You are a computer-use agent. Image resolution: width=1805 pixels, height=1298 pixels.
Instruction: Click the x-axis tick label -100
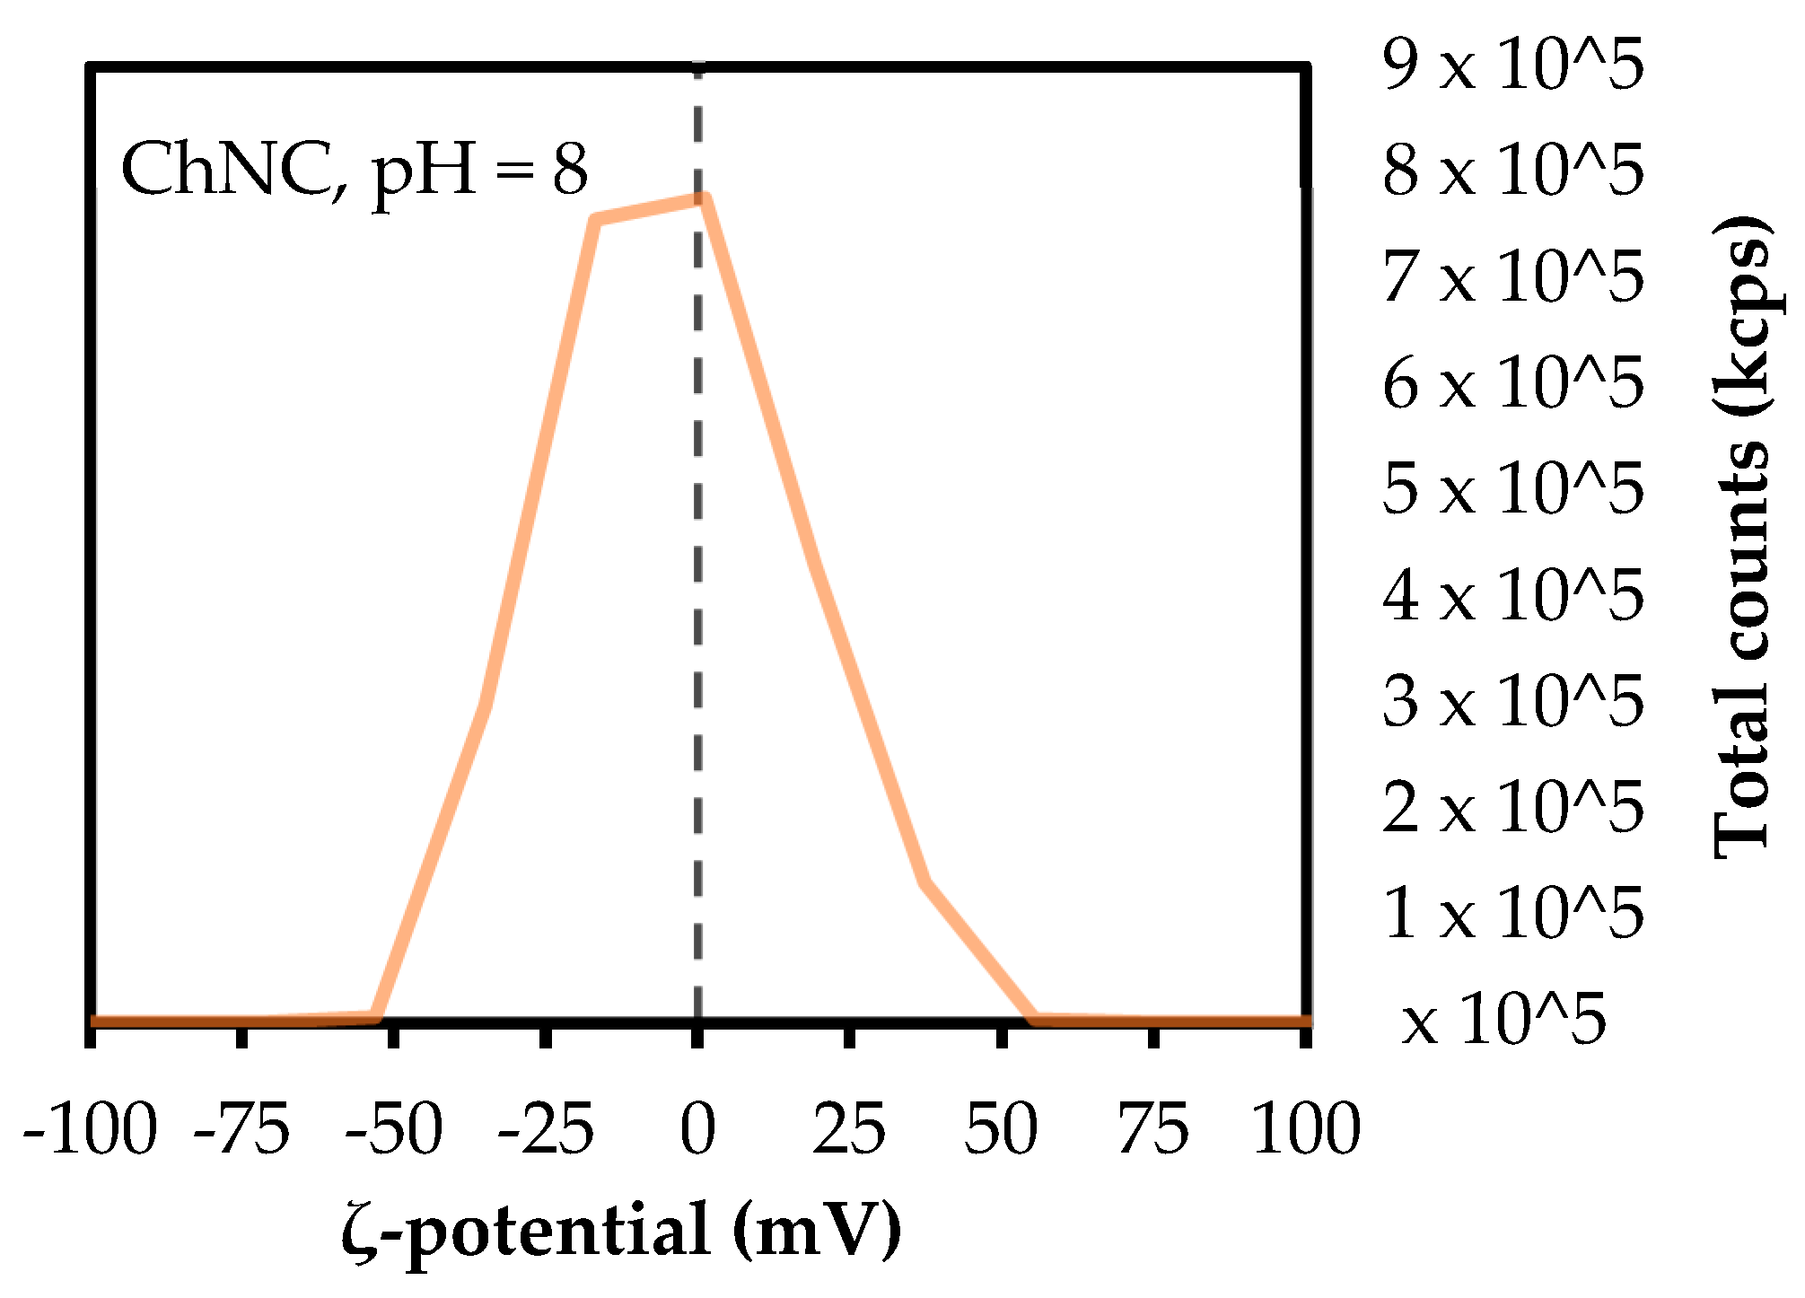(x=90, y=1130)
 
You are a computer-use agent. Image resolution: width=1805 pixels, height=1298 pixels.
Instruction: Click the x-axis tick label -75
(x=242, y=1130)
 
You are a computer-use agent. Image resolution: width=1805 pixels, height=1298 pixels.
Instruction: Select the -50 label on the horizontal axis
(x=394, y=1130)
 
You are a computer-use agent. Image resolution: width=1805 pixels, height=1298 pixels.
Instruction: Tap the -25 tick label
(x=546, y=1130)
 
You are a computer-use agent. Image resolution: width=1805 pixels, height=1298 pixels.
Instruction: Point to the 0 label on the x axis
(x=697, y=1130)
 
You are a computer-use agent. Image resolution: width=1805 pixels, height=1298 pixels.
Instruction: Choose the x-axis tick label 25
(x=849, y=1130)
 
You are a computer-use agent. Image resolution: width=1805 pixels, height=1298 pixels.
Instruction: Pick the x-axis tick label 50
(x=1001, y=1130)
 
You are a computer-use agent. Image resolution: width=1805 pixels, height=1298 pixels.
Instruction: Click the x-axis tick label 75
(x=1153, y=1130)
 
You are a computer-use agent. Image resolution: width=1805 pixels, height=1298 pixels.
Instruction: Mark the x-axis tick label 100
(x=1306, y=1130)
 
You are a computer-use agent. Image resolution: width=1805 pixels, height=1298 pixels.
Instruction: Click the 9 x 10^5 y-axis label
(x=1513, y=65)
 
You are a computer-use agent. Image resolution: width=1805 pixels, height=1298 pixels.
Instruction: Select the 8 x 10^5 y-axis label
(x=1513, y=170)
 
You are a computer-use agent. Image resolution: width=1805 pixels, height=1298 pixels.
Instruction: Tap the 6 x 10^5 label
(x=1513, y=383)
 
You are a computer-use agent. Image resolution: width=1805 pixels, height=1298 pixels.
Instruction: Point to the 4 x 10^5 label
(x=1513, y=595)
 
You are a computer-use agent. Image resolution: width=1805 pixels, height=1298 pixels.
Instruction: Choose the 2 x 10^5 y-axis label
(x=1513, y=807)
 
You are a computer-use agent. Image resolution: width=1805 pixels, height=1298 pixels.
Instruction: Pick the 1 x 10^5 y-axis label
(x=1513, y=913)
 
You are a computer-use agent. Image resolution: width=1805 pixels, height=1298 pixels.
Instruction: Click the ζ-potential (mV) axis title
(x=621, y=1231)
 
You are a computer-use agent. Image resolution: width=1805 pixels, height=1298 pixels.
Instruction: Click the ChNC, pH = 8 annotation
(x=355, y=170)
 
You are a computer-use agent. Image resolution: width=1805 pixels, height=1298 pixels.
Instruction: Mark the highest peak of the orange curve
(x=705, y=198)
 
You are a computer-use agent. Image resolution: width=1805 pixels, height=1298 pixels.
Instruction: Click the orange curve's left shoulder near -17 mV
(x=596, y=220)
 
